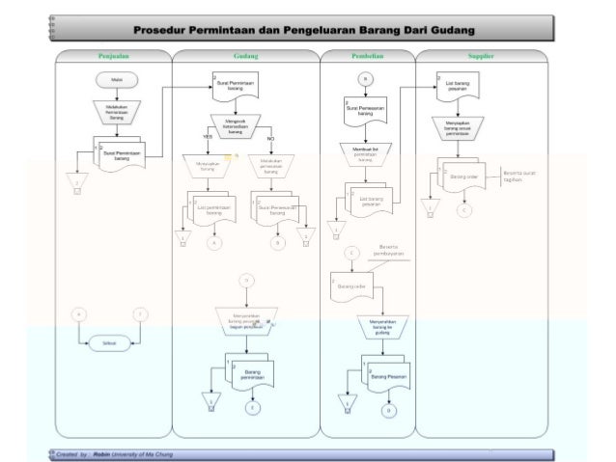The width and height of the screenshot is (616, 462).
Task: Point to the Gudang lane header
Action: [x=245, y=57]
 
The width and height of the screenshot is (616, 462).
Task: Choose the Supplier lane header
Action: [x=481, y=57]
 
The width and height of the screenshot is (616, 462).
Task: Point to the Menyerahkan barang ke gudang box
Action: [x=377, y=326]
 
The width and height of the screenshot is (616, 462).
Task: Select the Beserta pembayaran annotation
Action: [x=391, y=251]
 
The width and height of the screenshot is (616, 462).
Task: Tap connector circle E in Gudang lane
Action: [x=253, y=408]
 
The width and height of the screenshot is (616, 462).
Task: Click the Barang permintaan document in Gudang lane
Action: [x=253, y=374]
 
